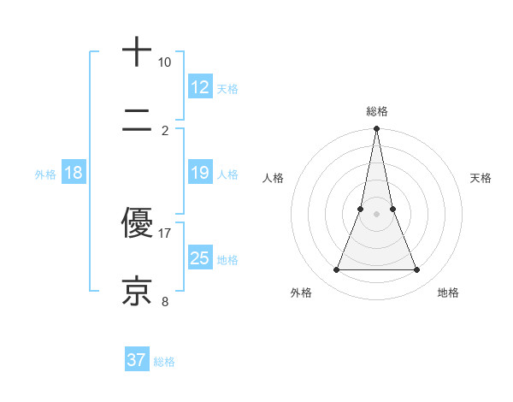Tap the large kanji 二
138,121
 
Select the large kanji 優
138,224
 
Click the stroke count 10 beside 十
164,62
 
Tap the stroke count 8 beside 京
165,301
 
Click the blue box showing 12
200,87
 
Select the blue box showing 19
200,173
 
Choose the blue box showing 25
200,258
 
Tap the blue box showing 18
74,173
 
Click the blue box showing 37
137,360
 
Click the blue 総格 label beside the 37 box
164,362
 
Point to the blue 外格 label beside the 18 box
45,174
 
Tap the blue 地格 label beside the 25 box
227,260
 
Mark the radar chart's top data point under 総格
376,129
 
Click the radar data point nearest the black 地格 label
417,270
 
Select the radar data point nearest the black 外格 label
336,270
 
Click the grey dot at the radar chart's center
376,214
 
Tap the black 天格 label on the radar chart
481,178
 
